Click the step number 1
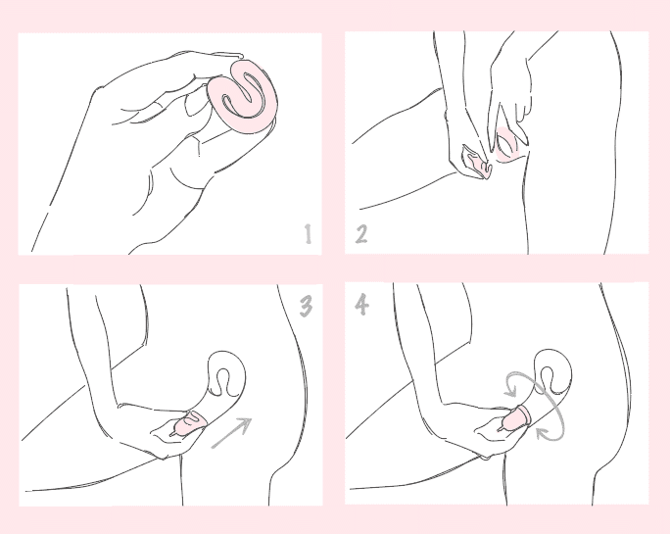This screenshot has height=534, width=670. click(309, 234)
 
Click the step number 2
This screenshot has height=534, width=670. click(361, 234)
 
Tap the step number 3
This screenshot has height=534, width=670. click(306, 307)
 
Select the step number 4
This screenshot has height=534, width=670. click(361, 305)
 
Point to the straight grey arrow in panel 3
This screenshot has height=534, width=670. click(231, 433)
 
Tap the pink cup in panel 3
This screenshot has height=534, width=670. click(189, 423)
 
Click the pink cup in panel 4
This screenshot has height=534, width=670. click(516, 418)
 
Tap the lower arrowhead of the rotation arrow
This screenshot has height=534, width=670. click(543, 433)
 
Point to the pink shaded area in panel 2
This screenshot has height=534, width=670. click(507, 144)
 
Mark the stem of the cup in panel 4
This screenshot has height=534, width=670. click(501, 428)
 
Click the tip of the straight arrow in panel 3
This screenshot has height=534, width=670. click(251, 418)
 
